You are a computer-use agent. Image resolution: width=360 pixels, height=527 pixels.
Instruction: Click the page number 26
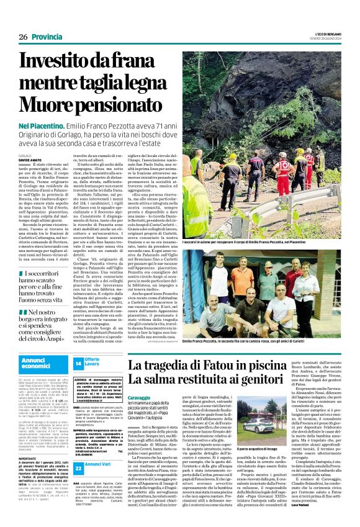coord(23,37)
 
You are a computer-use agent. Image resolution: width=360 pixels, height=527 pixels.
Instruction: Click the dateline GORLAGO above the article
coord(25,155)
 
